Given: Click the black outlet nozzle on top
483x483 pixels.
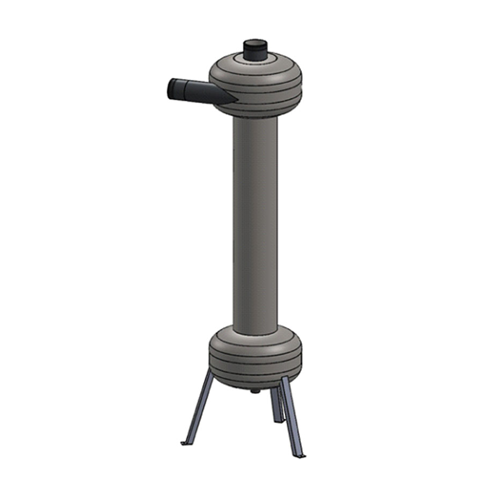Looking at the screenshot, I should (255, 50).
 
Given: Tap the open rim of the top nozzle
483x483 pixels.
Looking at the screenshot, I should (255, 43).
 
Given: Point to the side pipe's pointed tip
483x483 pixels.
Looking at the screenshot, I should (235, 100).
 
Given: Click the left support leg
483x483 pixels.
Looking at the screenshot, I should (199, 408).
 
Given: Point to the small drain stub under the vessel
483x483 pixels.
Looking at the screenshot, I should (255, 391).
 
